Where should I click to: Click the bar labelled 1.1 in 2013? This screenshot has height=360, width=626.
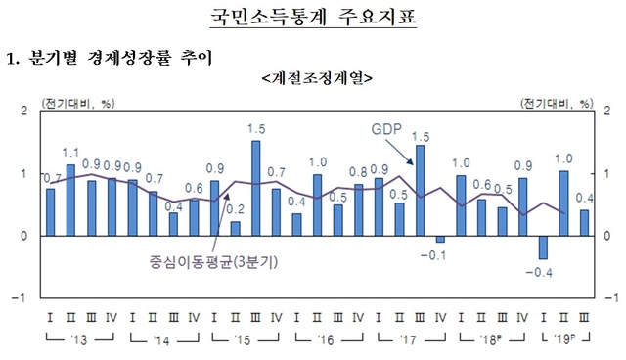70,201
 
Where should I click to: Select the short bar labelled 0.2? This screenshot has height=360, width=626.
235,229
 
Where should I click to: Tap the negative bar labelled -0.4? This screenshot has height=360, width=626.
542,247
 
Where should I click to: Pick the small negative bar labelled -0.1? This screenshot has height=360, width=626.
439,240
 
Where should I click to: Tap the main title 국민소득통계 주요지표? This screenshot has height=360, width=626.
312,17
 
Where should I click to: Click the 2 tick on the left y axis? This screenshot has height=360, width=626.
23,112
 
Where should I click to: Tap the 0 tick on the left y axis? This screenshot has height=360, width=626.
23,236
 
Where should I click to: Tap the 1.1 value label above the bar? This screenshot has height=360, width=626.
70,153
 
